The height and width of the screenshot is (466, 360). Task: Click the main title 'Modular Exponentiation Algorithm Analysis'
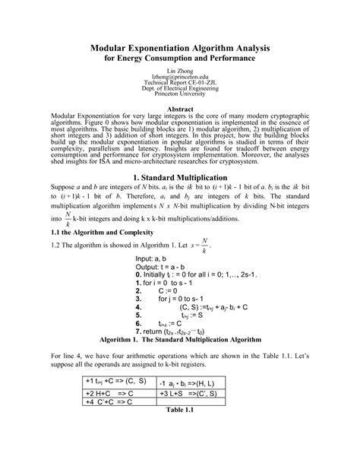(180, 48)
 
